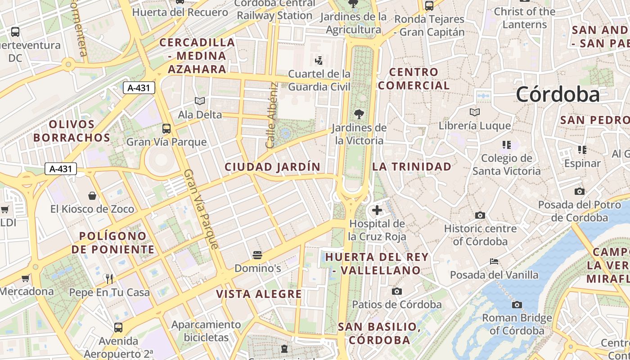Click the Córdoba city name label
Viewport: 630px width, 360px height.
click(x=558, y=94)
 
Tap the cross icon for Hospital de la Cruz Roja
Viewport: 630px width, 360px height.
click(x=377, y=210)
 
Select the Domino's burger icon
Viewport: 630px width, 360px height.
click(x=257, y=256)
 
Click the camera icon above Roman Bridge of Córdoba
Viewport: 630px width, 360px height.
click(x=517, y=305)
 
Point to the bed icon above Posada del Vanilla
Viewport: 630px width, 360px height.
click(x=494, y=261)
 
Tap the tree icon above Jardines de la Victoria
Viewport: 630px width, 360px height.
click(x=359, y=114)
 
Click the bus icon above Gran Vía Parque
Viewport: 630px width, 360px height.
click(x=166, y=129)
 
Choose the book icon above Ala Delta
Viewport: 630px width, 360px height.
click(x=200, y=101)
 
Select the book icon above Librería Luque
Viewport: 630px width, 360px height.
click(x=475, y=112)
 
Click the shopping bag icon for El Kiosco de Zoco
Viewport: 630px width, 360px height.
click(x=92, y=196)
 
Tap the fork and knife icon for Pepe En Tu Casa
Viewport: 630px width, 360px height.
click(x=109, y=279)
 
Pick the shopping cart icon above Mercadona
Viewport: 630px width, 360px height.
click(x=26, y=278)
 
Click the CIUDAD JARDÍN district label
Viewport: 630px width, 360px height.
click(x=273, y=167)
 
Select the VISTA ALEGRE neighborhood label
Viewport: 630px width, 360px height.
click(x=259, y=294)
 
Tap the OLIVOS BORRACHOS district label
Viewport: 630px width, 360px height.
click(x=72, y=131)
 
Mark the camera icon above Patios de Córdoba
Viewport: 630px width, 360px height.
click(x=396, y=292)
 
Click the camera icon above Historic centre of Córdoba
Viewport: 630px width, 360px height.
click(x=480, y=216)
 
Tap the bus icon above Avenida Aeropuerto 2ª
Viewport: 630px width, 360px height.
click(x=118, y=327)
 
